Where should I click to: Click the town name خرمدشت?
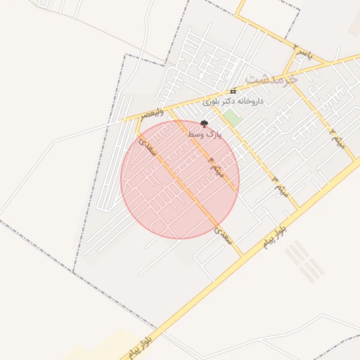273,77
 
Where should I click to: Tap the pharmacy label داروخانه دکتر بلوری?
233,101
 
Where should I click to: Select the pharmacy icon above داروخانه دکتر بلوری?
233,91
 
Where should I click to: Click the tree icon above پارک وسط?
204,124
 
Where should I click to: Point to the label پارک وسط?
204,134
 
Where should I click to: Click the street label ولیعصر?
152,112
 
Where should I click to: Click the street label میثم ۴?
215,167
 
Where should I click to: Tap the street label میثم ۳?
280,185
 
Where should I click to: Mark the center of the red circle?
180,179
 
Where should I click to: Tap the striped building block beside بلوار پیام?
304,261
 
